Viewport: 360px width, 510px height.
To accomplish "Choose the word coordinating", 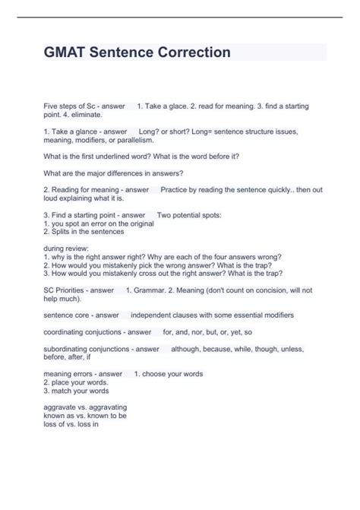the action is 67,331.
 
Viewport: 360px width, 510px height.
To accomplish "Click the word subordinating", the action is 68,349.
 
